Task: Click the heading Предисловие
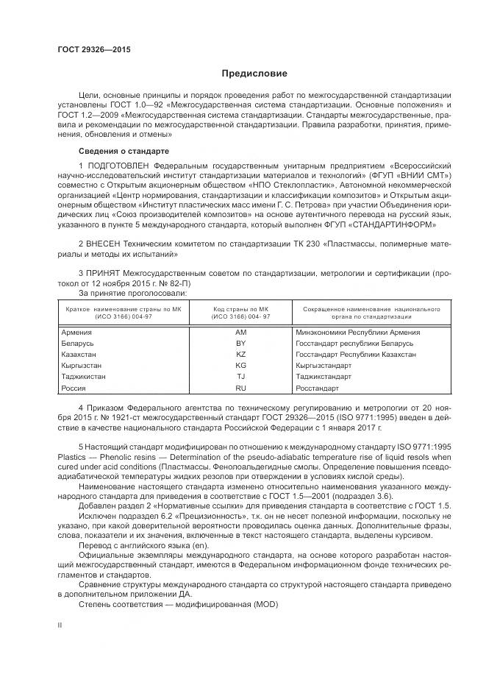(255, 74)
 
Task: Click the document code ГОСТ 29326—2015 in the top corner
(89, 50)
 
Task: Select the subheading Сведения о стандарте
(124, 151)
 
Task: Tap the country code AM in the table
(240, 333)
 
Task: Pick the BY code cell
(240, 344)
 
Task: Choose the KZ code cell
(240, 355)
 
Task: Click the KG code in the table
(240, 366)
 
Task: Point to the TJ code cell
(240, 377)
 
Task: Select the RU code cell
(240, 388)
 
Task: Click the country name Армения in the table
(77, 333)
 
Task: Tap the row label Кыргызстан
(82, 366)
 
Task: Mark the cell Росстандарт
(317, 388)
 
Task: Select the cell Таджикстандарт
(324, 377)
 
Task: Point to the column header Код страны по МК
(240, 309)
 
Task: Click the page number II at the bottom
(60, 625)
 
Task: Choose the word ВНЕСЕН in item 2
(104, 243)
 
